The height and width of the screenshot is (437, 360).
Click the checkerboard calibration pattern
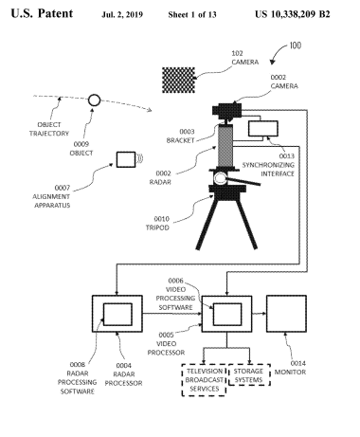[178, 80]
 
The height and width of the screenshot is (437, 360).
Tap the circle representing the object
[94, 100]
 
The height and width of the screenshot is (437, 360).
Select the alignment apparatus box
[126, 159]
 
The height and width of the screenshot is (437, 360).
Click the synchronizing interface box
[263, 129]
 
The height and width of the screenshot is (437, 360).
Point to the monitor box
[286, 314]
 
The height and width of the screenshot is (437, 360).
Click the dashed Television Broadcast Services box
[204, 380]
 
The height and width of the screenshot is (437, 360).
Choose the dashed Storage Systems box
[249, 374]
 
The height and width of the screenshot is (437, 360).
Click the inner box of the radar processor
[117, 315]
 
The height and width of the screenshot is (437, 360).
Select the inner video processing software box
[227, 315]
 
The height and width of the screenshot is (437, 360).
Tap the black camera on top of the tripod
[227, 111]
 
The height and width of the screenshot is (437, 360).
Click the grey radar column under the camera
[225, 146]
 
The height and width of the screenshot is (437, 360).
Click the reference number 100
[296, 46]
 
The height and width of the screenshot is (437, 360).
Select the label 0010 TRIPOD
[157, 223]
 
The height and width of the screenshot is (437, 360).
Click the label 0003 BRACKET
[180, 136]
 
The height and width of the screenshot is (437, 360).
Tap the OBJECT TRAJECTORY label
[49, 129]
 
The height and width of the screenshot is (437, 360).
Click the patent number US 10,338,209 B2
[293, 14]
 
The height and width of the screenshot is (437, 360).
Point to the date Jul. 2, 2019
[122, 15]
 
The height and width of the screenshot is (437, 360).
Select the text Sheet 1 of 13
[192, 14]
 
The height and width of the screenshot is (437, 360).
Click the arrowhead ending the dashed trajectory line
[150, 110]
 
